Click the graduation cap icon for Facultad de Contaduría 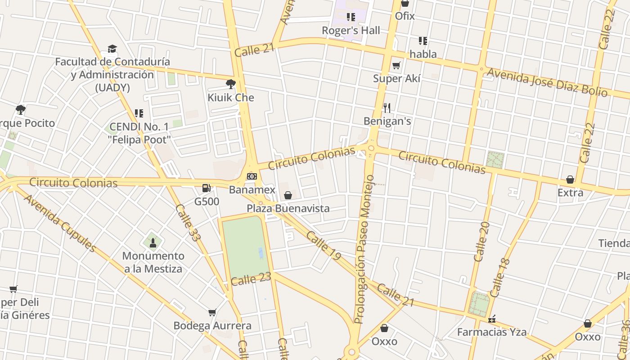pos(112,49)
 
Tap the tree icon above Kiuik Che pos(230,84)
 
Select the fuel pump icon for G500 pos(207,188)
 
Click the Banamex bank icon pos(252,176)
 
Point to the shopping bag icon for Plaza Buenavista pos(288,195)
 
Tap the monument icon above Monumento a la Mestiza pos(153,243)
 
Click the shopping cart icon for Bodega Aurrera pos(212,312)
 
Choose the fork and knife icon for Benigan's pos(387,108)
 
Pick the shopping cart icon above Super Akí pos(396,66)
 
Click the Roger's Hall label pos(351,31)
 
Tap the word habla pos(423,54)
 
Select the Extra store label pos(570,193)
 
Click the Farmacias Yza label pos(492,333)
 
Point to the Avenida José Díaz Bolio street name pos(547,82)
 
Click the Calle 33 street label pos(187,223)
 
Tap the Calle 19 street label pos(324,245)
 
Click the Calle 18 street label pos(500,277)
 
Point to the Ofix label pos(405,16)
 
